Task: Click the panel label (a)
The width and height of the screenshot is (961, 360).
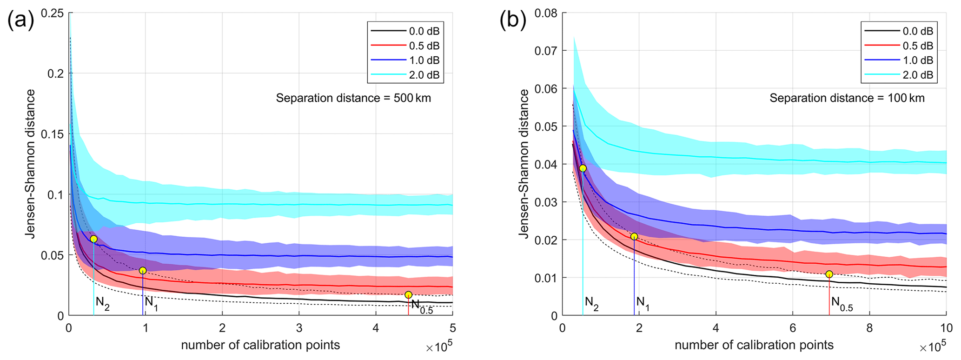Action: (x=21, y=20)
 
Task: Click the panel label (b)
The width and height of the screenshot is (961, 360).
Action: (x=513, y=20)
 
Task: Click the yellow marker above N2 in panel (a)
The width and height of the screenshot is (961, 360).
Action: (x=94, y=239)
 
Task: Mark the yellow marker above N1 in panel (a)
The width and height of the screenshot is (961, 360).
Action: (x=143, y=271)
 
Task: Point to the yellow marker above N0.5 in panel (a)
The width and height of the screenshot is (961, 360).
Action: (x=408, y=295)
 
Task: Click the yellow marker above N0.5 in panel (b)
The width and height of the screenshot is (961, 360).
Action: (x=829, y=274)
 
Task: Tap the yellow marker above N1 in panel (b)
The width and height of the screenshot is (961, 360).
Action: (x=634, y=237)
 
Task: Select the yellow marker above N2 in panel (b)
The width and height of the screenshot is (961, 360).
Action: (x=583, y=168)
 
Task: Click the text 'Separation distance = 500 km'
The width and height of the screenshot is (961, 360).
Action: (x=353, y=98)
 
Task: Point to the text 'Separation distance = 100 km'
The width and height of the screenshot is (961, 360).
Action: (x=847, y=98)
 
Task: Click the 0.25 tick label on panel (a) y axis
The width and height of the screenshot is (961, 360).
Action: (x=53, y=13)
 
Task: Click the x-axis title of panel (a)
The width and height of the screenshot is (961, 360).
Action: (x=260, y=345)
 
